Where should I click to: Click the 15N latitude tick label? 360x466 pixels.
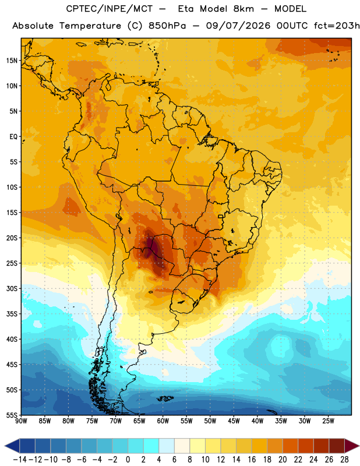[12, 61]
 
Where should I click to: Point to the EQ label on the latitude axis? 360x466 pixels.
[13, 137]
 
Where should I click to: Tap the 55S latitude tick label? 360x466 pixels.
[12, 415]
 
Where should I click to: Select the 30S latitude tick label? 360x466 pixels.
[12, 288]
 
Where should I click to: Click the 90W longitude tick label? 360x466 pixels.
[21, 421]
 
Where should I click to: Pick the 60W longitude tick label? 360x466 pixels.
[163, 421]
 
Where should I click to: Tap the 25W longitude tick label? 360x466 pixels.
[328, 421]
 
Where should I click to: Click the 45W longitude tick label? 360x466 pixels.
[234, 421]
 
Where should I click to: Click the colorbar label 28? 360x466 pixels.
[344, 460]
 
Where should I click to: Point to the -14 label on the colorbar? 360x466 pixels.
[20, 460]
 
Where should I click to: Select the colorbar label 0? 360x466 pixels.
[128, 460]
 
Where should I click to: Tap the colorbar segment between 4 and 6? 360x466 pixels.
[167, 446]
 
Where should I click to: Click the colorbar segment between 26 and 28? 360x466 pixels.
[337, 446]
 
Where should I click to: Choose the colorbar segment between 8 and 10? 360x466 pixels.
[197, 446]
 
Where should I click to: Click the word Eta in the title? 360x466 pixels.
[185, 9]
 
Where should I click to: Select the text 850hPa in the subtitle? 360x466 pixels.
[167, 26]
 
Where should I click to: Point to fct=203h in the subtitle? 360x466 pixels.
[337, 26]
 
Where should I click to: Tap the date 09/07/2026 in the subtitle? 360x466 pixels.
[238, 26]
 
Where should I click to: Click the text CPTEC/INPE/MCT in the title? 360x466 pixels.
[110, 9]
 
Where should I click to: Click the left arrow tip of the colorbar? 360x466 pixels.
[5, 446]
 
